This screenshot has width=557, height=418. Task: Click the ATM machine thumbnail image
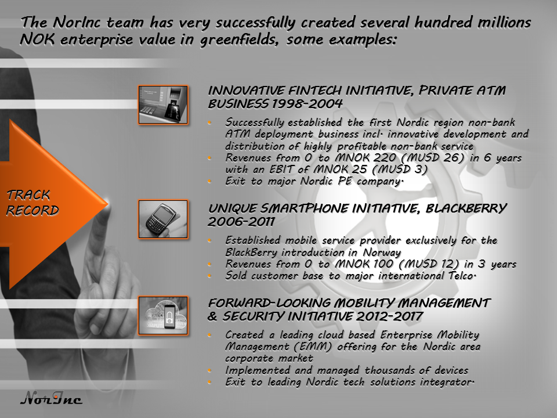tap(163, 105)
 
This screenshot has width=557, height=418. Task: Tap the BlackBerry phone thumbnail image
tap(163, 219)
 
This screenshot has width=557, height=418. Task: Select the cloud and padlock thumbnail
tap(163, 316)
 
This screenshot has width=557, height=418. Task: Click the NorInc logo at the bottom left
tap(51, 398)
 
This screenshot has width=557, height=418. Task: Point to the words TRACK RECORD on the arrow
tap(32, 203)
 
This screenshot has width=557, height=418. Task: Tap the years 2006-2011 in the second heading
tap(241, 222)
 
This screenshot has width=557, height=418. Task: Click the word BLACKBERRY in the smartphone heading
tap(466, 208)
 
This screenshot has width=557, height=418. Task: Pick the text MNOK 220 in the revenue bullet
tap(366, 157)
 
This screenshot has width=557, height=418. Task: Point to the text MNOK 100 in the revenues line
tap(364, 264)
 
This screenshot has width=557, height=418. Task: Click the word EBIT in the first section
tap(281, 169)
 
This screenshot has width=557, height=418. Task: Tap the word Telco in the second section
tap(461, 275)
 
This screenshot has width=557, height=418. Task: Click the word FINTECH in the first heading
tap(315, 91)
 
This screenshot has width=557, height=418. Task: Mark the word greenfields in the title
tap(238, 39)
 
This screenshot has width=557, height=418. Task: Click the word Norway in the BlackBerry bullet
tap(382, 253)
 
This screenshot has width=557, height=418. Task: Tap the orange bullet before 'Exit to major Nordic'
tap(209, 181)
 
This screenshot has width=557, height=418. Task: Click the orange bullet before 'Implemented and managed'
tap(209, 370)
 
